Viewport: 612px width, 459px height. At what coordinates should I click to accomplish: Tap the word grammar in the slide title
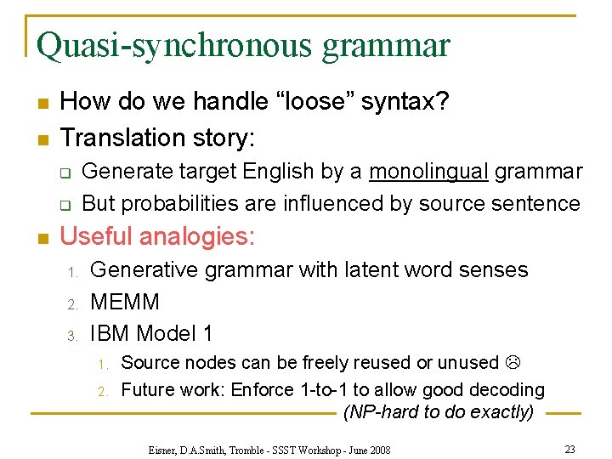386,45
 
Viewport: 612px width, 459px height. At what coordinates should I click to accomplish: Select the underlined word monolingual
428,172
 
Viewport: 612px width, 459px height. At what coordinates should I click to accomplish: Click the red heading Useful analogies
157,235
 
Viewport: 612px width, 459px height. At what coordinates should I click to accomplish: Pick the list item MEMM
124,302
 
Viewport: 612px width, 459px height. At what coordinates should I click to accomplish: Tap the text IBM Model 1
150,333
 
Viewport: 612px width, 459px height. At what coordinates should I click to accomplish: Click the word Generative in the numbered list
144,270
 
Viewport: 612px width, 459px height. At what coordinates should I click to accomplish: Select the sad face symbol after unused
512,363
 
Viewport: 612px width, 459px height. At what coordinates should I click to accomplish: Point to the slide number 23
569,448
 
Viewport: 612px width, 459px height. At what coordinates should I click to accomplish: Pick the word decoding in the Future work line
509,390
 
